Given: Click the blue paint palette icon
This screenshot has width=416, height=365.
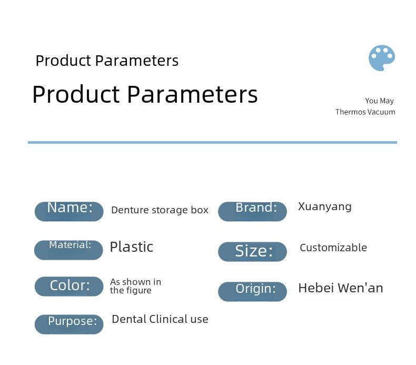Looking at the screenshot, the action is point(382,58).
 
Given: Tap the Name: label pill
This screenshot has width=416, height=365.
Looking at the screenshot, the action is point(69,211).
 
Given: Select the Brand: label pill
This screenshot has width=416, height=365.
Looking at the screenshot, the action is point(252,211).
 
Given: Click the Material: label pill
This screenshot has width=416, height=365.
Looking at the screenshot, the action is point(68,250).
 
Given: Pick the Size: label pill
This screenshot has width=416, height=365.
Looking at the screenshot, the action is point(252,251).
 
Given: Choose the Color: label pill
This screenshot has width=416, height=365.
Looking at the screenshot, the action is point(69,286).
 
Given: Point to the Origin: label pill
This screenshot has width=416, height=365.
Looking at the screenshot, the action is point(252,291).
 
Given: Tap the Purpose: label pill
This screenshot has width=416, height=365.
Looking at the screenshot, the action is point(69,324).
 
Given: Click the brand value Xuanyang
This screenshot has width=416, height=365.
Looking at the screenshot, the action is point(325,206).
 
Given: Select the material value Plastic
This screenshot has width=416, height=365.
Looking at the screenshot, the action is point(132,247).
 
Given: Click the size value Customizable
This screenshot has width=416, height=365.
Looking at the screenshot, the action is point(333,248).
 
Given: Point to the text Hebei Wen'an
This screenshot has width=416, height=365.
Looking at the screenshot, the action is point(341,288).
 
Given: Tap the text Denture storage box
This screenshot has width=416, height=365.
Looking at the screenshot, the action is point(160,210).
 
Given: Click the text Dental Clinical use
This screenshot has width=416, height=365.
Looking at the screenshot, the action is point(160,319).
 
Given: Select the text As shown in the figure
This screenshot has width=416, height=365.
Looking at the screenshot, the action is point(135,286).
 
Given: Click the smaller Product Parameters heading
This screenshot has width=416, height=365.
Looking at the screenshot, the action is point(107,61).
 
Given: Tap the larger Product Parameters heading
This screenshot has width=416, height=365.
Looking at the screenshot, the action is point(145,94).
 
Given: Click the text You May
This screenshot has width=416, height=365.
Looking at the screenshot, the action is point(379,101).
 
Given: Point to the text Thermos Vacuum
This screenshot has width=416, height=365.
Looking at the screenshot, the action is point(365,112).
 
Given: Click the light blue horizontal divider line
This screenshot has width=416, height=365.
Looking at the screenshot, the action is point(212,143).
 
